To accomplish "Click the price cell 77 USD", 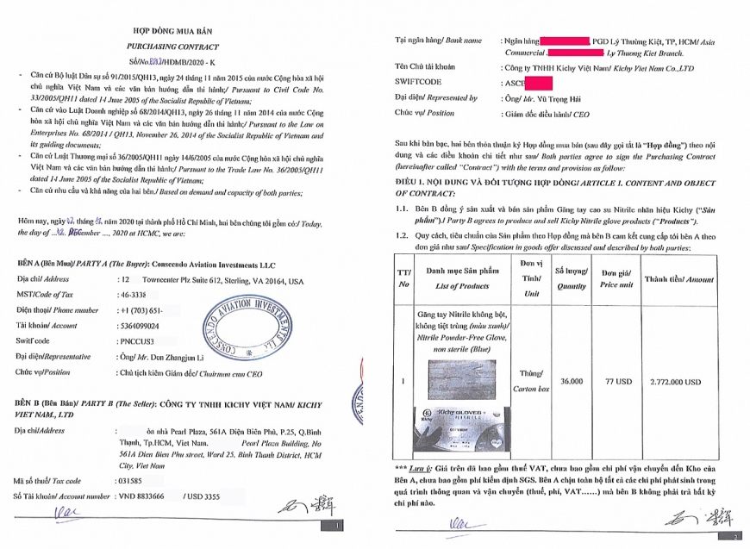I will (x=613, y=380).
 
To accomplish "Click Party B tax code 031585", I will (x=129, y=481).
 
